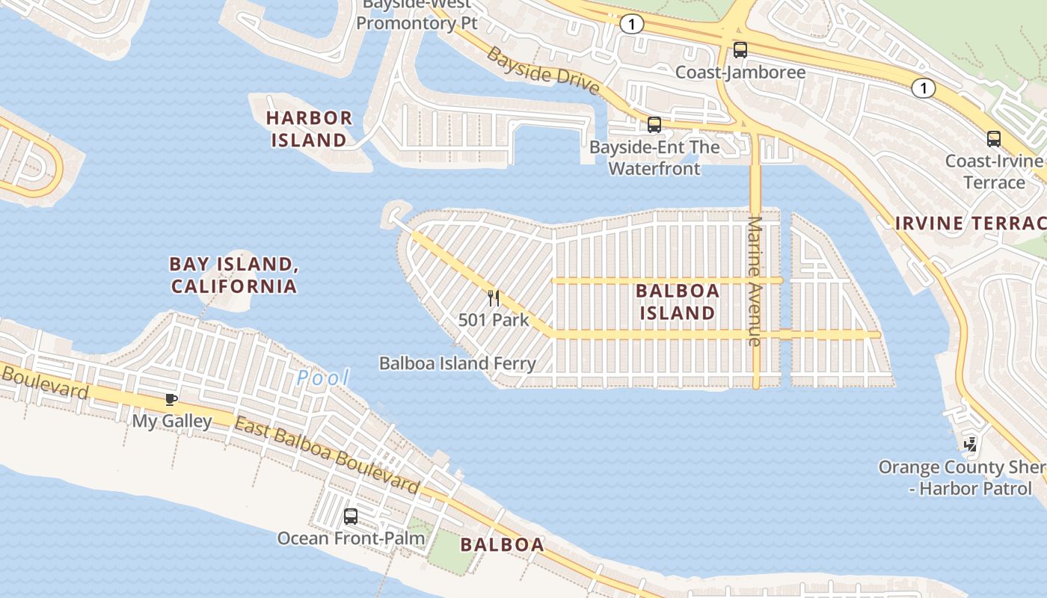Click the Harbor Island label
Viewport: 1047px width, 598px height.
309,129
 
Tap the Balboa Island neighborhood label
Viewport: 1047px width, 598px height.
678,301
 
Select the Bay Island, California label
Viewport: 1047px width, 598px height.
233,274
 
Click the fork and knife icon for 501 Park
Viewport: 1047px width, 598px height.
494,298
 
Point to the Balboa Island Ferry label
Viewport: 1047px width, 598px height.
457,363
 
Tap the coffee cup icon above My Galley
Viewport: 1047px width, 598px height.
171,399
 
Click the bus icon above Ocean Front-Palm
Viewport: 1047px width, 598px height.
350,516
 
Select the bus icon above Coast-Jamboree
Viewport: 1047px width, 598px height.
740,50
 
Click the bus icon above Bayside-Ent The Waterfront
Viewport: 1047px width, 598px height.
654,125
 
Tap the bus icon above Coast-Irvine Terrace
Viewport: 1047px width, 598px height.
993,138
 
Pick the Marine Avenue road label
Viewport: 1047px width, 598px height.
755,281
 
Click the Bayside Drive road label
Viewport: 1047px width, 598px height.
542,71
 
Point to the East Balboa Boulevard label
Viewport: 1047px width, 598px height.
327,456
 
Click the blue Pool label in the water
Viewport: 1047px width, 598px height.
323,378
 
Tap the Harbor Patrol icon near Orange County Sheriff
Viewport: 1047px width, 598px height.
970,445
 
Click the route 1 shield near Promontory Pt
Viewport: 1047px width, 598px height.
631,25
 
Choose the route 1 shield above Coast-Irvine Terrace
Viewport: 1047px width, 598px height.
924,88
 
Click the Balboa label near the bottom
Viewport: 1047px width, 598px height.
503,544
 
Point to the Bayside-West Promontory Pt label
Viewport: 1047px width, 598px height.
417,15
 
